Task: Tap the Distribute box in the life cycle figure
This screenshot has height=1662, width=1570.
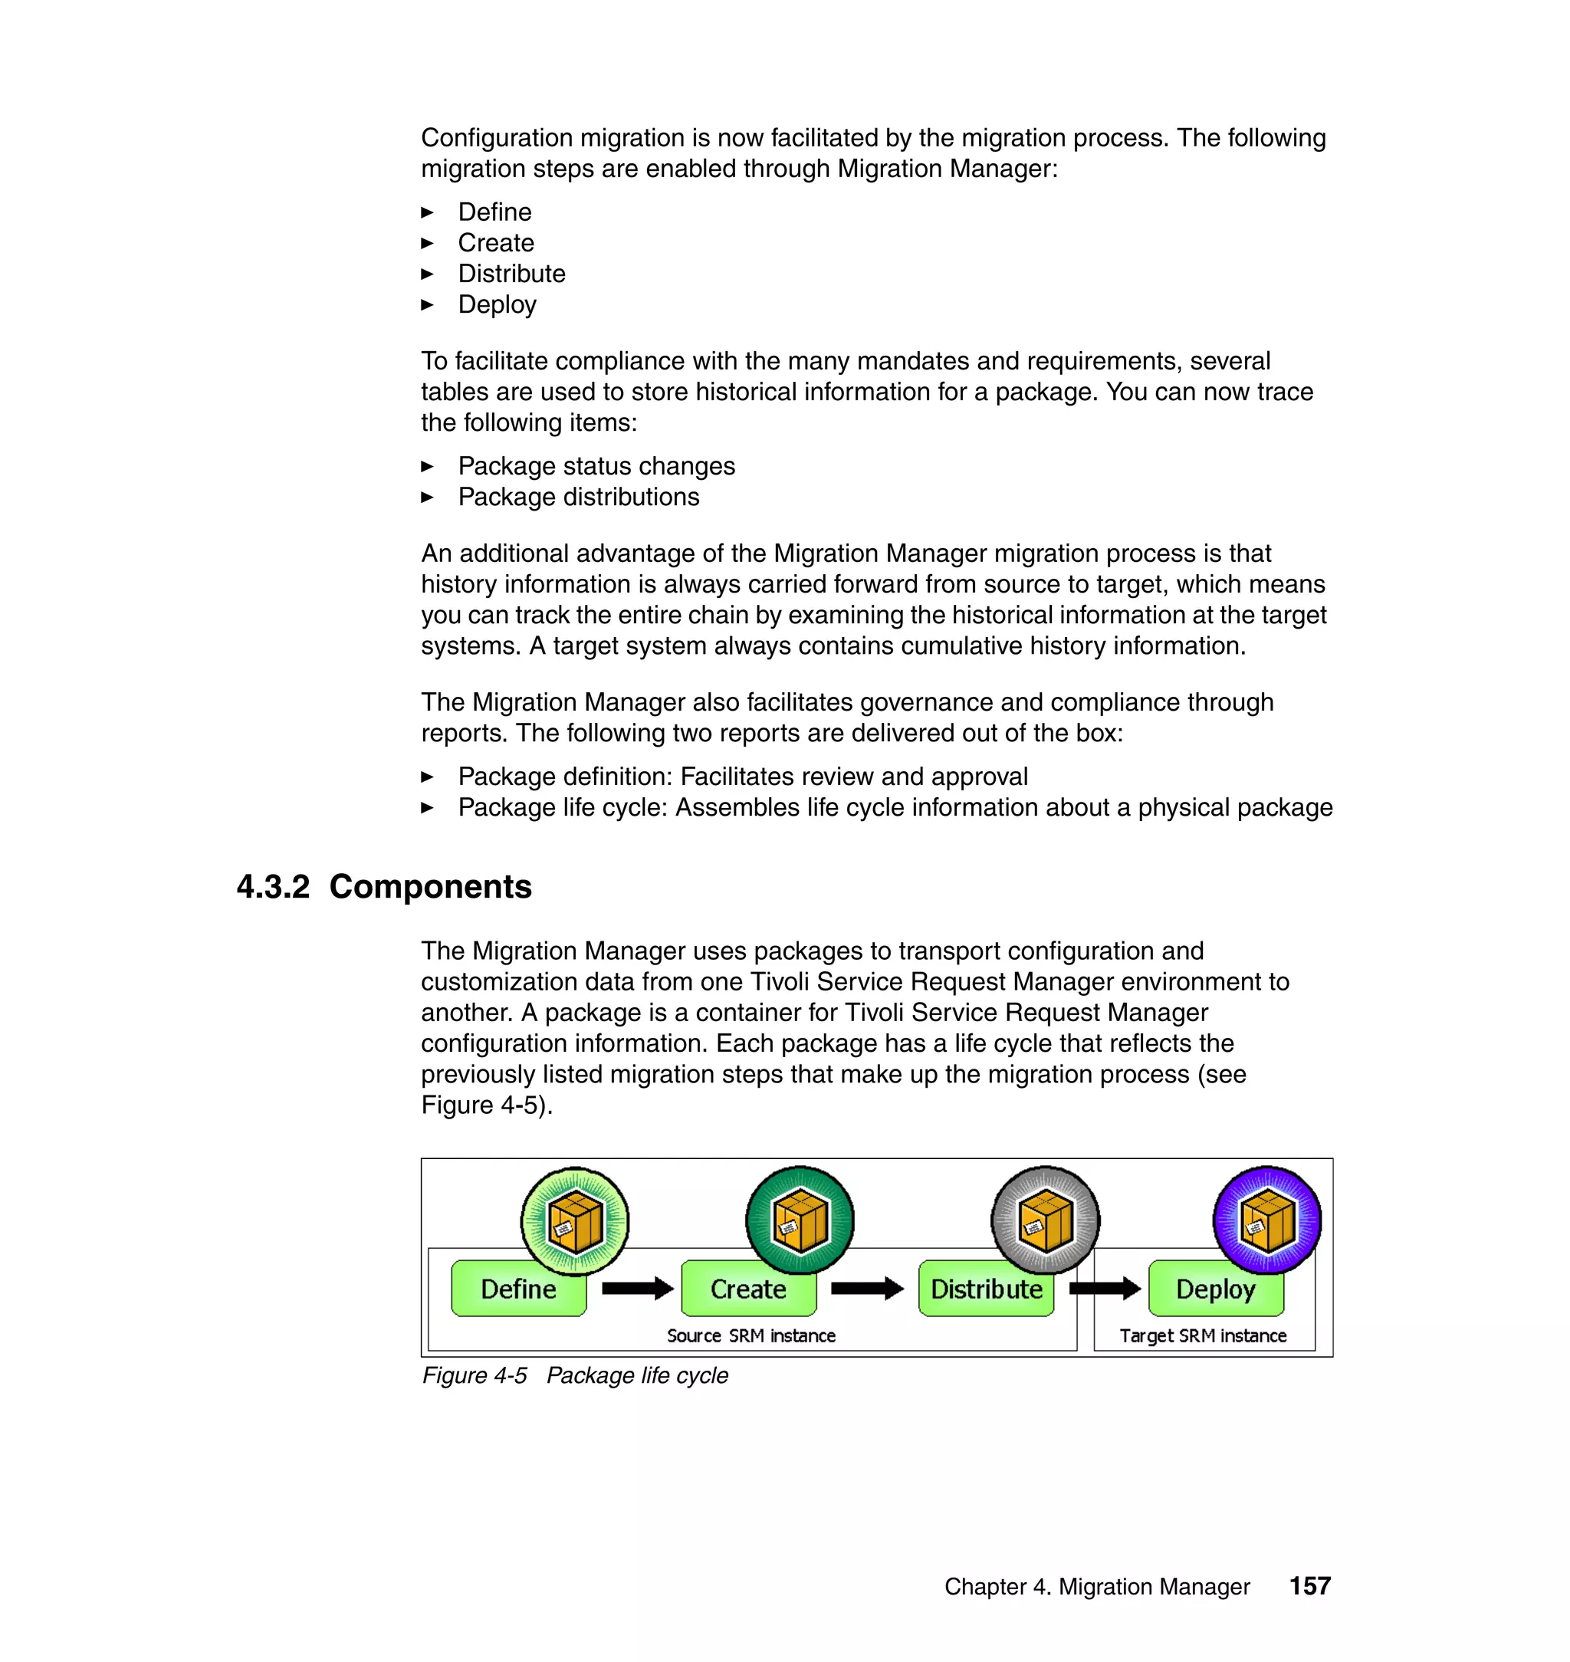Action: tap(986, 1289)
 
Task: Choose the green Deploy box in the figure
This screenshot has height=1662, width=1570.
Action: tap(1215, 1289)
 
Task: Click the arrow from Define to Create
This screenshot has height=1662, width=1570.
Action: tap(637, 1288)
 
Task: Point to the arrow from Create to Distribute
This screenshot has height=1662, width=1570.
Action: tap(866, 1288)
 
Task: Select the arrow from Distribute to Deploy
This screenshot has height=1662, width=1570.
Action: tap(1104, 1288)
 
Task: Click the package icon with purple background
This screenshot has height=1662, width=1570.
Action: tap(1266, 1220)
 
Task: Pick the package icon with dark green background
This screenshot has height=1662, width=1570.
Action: tap(800, 1220)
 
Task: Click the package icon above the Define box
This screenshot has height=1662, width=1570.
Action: tap(574, 1221)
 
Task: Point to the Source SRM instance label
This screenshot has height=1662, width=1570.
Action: tap(751, 1336)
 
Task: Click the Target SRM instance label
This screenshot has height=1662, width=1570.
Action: tap(1203, 1336)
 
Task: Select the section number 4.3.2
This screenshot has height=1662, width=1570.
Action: tap(273, 887)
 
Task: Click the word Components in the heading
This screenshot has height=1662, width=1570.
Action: tap(430, 887)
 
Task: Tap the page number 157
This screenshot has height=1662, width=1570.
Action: tap(1309, 1587)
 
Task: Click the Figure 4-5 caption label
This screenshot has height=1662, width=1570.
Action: tap(475, 1376)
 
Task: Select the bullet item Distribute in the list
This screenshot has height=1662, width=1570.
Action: tap(511, 274)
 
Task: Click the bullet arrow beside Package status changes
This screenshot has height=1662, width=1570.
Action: tap(427, 467)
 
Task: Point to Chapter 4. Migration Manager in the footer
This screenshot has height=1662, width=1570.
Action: tap(1096, 1588)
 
